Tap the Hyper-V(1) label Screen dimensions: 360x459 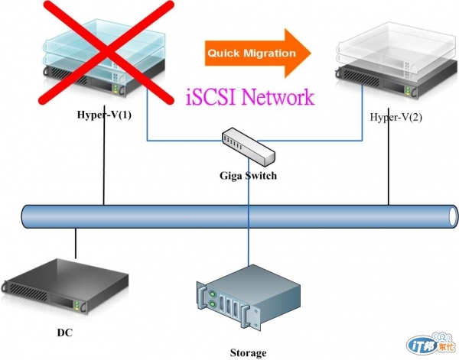(x=104, y=115)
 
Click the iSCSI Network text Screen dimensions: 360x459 (x=250, y=97)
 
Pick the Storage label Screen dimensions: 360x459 (x=248, y=352)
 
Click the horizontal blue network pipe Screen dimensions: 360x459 (x=229, y=216)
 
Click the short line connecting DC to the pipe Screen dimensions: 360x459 (x=76, y=243)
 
